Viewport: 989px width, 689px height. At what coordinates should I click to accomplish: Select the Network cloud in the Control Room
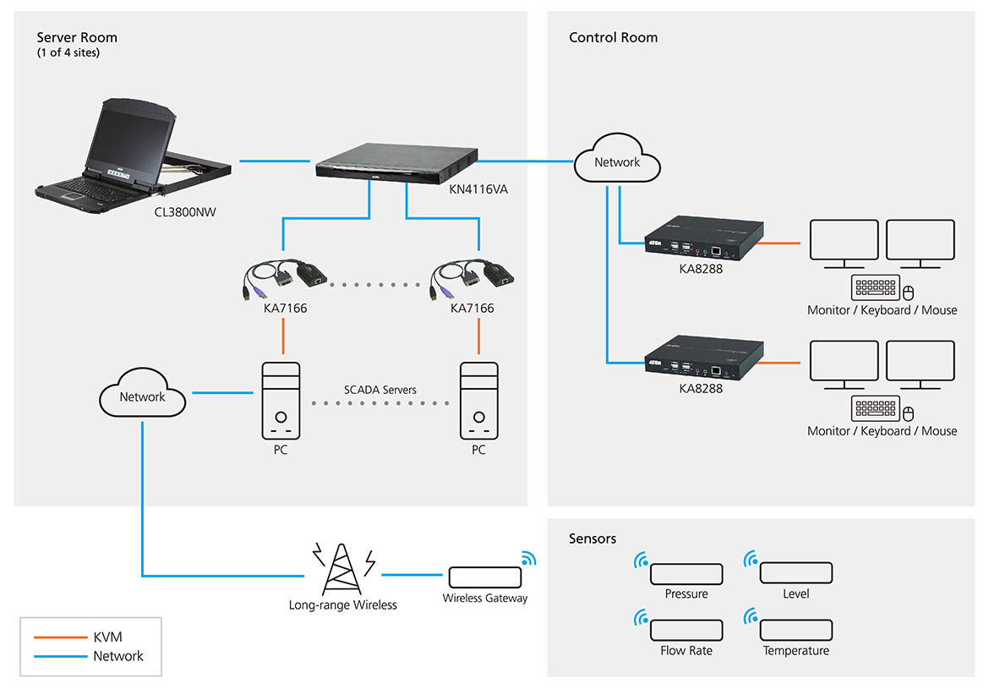pyautogui.click(x=616, y=162)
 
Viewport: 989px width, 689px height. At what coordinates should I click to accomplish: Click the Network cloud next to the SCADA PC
pyautogui.click(x=142, y=397)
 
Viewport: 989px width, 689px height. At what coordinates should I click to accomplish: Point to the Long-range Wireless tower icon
pyautogui.click(x=343, y=569)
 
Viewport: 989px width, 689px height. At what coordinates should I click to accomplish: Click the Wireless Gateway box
pyautogui.click(x=484, y=577)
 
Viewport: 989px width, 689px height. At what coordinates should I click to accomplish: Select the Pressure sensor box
pyautogui.click(x=686, y=573)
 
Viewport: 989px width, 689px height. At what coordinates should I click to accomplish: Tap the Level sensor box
pyautogui.click(x=795, y=573)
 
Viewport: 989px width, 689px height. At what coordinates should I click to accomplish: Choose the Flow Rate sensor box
pyautogui.click(x=686, y=630)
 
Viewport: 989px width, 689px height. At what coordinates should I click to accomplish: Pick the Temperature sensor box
pyautogui.click(x=795, y=630)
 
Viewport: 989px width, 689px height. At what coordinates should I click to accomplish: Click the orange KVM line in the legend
pyautogui.click(x=57, y=637)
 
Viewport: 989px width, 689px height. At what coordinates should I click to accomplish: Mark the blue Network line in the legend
pyautogui.click(x=57, y=656)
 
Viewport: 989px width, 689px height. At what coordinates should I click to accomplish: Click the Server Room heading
pyautogui.click(x=77, y=37)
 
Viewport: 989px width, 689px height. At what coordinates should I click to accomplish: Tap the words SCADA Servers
pyautogui.click(x=380, y=390)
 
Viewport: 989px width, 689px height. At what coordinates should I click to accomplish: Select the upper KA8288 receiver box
pyautogui.click(x=704, y=240)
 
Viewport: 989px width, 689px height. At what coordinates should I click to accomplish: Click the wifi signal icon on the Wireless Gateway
pyautogui.click(x=528, y=559)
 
